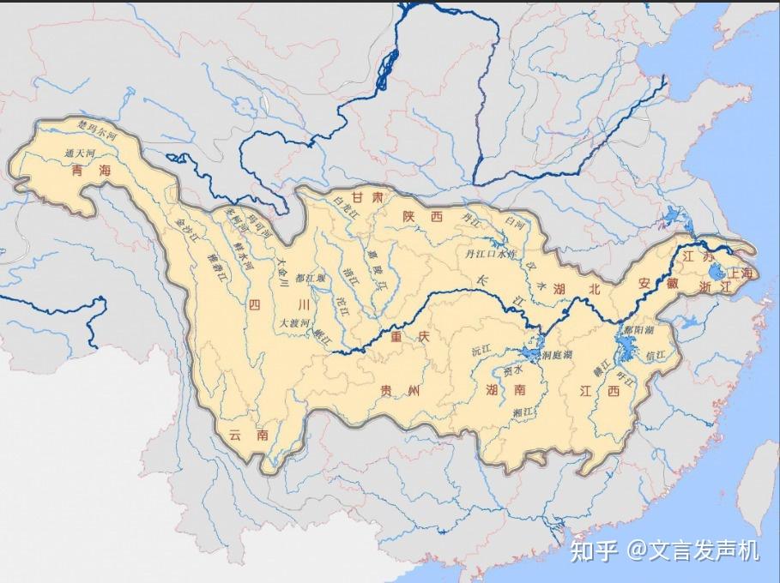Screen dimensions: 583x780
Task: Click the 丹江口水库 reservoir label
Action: tap(489, 254)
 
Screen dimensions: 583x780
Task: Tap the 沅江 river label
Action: tap(479, 352)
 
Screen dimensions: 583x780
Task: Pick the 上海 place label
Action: tap(739, 273)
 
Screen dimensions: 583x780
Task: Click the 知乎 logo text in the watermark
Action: tap(594, 550)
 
